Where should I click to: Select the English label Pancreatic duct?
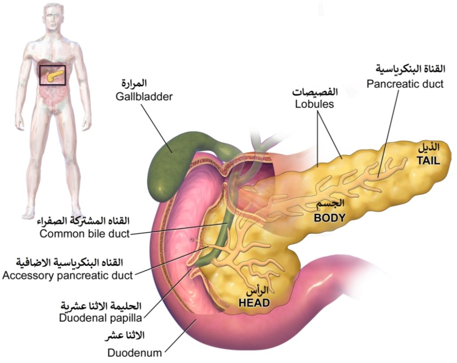tap(405, 84)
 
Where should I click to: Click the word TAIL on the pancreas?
tap(428, 162)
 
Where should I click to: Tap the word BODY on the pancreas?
tap(330, 217)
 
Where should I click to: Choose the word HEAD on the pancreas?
tap(254, 303)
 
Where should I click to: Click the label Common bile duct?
tap(84, 233)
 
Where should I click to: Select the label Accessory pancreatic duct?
tap(67, 276)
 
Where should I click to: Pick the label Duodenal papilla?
tap(100, 318)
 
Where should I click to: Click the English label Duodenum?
tap(135, 353)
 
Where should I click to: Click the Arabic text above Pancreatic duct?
tap(409, 69)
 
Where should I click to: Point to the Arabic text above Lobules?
tap(315, 92)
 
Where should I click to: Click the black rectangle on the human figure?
tap(52, 75)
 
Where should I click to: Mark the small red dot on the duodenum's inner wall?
tap(192, 239)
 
